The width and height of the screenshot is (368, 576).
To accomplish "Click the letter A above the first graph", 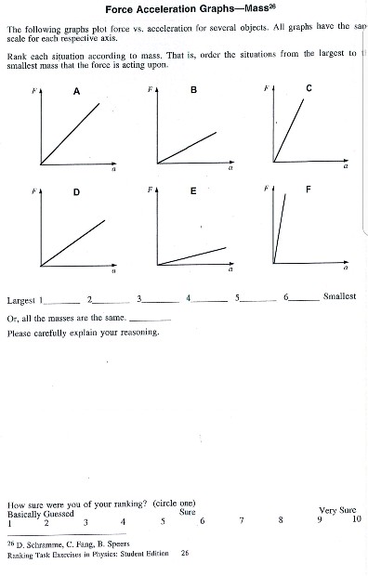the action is coord(76,91).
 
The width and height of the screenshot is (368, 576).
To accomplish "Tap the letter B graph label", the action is coord(193,90).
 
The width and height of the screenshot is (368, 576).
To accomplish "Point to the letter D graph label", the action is coord(76,192).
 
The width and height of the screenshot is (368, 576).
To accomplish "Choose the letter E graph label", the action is coord(193,191).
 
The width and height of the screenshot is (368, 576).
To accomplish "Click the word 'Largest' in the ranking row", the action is coord(20,299).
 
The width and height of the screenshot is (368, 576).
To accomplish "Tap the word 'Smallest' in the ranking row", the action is coord(339,296).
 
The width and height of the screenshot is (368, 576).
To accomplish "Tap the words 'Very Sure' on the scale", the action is coord(338,511).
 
